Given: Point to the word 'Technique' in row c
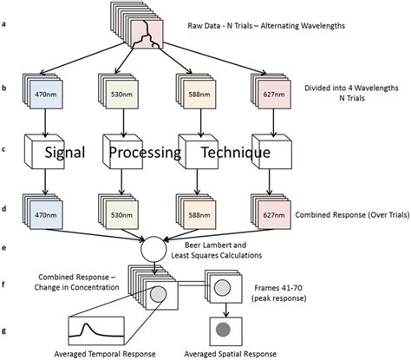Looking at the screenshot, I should (237, 153).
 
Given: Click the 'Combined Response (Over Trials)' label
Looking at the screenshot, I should (348, 213).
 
